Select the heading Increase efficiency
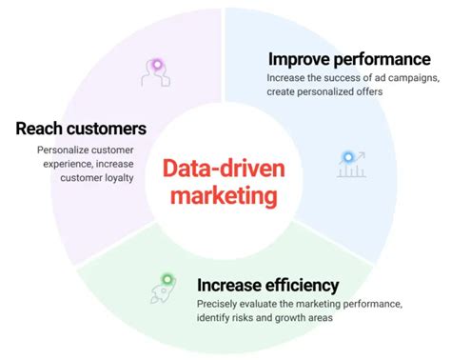(x=267, y=284)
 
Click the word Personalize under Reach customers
(x=65, y=150)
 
